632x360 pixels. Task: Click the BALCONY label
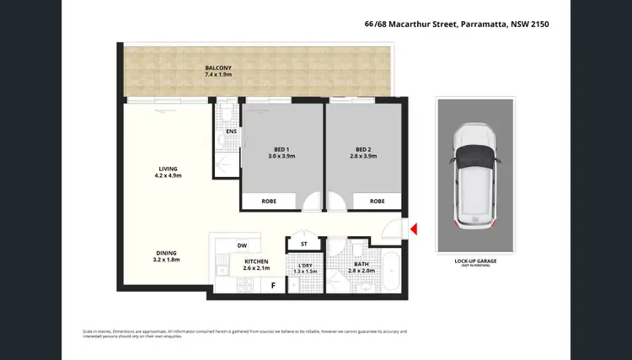point(217,67)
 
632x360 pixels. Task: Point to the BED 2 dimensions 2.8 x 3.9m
point(364,156)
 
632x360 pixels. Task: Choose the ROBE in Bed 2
point(377,201)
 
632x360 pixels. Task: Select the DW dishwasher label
point(242,245)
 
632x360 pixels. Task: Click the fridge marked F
point(272,285)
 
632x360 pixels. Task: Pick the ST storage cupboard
point(303,244)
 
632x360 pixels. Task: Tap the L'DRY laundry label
point(305,267)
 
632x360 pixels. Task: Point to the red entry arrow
point(413,228)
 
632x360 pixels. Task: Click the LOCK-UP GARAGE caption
point(474,262)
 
